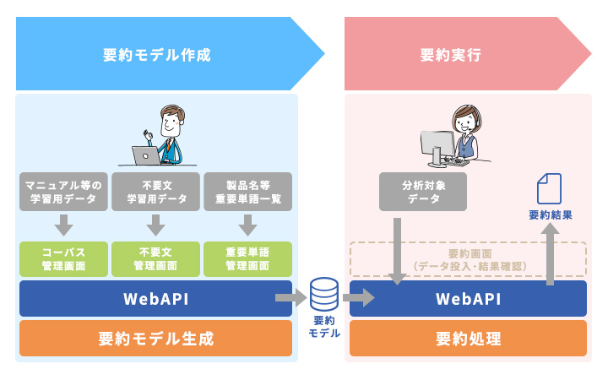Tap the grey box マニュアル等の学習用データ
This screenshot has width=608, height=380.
point(63,192)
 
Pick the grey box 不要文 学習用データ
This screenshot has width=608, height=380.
point(155,192)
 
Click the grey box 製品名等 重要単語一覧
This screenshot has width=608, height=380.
point(247,192)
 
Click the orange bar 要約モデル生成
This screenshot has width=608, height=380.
point(155,339)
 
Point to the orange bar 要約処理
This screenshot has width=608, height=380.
point(468,339)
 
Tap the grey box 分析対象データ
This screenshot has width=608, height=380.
point(422,192)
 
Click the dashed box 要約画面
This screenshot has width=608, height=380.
point(468,259)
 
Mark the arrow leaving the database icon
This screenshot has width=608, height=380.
point(358,297)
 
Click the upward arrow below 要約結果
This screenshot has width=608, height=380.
point(550,254)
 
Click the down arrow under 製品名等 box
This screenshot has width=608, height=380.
point(247,225)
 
